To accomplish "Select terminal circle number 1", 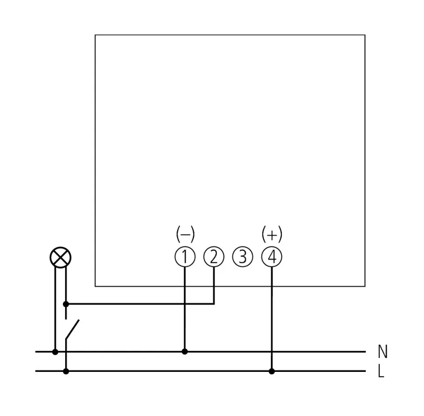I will (184, 257).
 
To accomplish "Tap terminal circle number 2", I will (214, 257).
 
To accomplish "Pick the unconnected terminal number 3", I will (243, 257).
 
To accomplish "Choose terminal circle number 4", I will (272, 257).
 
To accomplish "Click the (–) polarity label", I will (185, 235).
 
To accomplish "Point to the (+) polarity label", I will (272, 235).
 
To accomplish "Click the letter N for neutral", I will (382, 351).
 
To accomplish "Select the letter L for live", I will (381, 372).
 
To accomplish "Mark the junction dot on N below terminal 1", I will (184, 351).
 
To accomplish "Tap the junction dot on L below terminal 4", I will (272, 371).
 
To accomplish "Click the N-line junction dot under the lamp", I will (55, 351).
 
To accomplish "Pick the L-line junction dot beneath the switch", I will (66, 371).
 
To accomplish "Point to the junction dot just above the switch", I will (66, 304).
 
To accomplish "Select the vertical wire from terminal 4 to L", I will (272, 319).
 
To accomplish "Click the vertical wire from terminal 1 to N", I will (184, 315).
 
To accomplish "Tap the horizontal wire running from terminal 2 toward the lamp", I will (140, 304).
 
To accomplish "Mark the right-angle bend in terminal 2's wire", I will (214, 304).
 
